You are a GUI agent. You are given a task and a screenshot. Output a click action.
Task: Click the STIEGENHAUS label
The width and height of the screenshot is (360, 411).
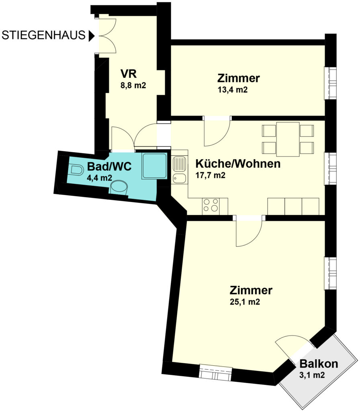pos(43,35)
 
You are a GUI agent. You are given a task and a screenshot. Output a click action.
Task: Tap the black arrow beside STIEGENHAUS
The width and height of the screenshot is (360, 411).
pos(92,36)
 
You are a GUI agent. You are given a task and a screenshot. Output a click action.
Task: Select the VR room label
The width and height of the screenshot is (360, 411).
pos(129,74)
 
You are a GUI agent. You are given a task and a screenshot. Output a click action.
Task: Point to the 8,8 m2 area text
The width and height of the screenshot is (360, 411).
pos(133,85)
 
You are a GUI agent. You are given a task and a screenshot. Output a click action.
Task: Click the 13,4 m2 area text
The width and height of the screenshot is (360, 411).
pos(233,90)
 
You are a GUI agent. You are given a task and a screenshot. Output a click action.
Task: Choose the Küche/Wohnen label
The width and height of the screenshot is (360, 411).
pos(238,164)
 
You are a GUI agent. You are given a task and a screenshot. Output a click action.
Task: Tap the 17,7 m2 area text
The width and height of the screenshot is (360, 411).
pos(211,175)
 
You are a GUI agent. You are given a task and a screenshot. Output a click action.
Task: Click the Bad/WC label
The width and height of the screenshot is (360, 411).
pos(109,167)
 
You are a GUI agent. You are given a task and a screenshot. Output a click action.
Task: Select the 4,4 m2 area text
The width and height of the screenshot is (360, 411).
pos(100,178)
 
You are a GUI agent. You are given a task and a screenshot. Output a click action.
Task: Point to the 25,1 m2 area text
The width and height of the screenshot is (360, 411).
pos(245,302)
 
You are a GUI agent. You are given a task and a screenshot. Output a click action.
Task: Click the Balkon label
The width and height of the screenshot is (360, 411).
pos(319,364)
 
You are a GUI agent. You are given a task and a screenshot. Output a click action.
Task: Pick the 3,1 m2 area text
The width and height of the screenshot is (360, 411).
pos(312,375)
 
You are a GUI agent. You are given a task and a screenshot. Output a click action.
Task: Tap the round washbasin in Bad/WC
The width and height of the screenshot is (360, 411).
pos(119,187)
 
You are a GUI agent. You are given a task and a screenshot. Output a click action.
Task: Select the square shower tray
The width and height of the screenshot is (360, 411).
pos(154,166)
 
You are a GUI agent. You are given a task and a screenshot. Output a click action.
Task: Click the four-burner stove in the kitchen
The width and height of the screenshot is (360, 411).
pos(211,205)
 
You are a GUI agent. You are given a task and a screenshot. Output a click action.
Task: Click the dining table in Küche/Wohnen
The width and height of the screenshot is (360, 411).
pos(288,139)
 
